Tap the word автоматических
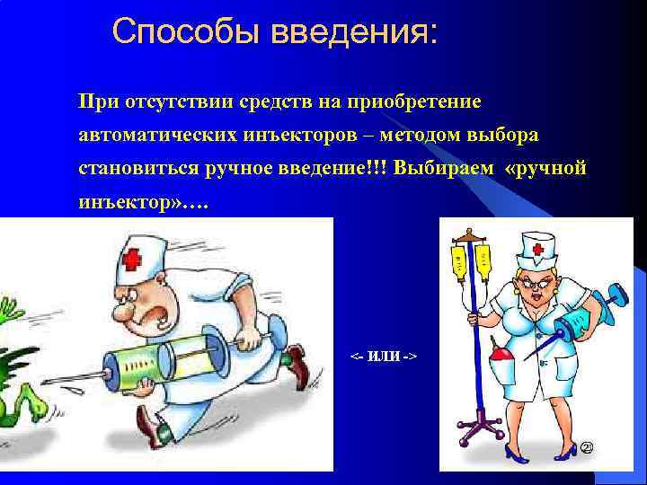coord(157,135)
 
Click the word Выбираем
coord(444,169)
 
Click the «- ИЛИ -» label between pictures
coord(383,357)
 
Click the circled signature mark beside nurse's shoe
coord(589,447)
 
